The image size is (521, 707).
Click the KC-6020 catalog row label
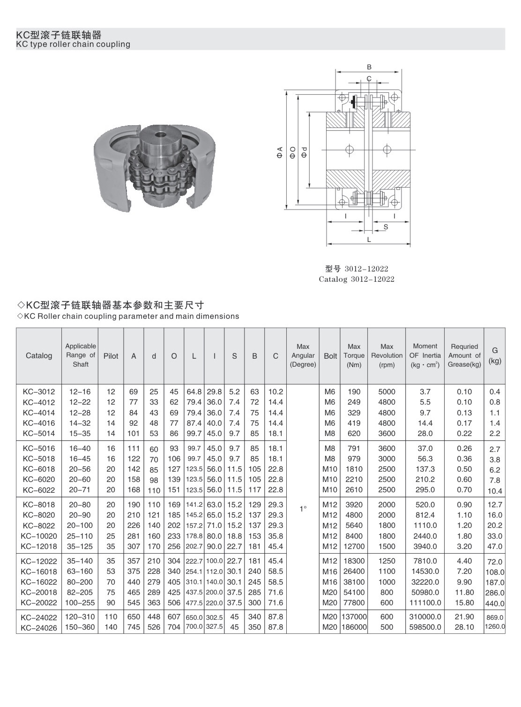point(39,480)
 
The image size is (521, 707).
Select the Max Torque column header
point(354,355)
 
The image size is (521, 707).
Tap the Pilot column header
point(111,356)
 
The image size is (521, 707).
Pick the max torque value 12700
point(354,546)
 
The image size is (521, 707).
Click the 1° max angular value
point(303,509)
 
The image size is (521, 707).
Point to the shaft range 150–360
point(80,627)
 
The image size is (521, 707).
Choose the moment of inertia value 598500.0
point(425,627)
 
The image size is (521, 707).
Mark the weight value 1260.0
point(495,626)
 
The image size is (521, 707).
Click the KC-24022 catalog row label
point(39,617)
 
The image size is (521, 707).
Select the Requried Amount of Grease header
point(464,355)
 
